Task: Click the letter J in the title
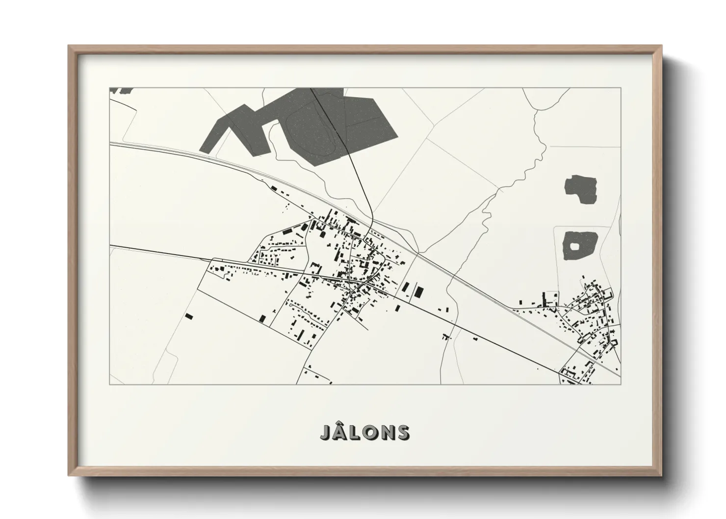coord(326,433)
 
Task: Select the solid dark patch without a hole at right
coord(582,188)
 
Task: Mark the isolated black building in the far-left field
coord(189,316)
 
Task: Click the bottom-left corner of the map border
coord(109,384)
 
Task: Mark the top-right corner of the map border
coord(621,88)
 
